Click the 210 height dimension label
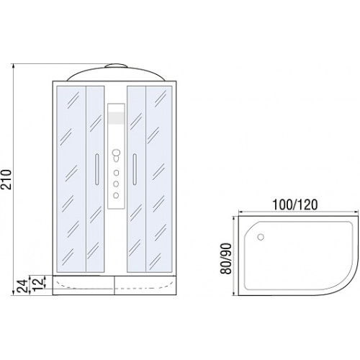point(6,179)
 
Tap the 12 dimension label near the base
point(38,284)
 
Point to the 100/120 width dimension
point(295,204)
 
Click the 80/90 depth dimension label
point(226,258)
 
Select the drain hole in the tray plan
point(261,237)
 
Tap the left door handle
point(97,169)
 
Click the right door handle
point(135,169)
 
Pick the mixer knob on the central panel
point(116,156)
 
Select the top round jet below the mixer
point(116,173)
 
